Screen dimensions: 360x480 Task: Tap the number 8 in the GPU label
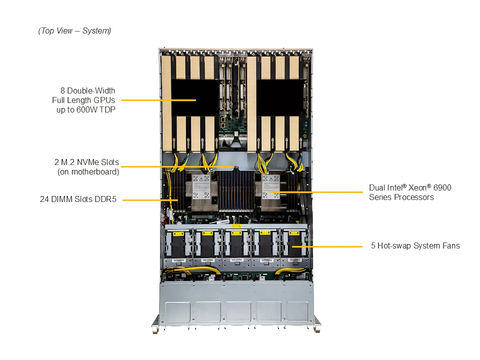tap(63, 90)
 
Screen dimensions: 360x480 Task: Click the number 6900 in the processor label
tap(441, 187)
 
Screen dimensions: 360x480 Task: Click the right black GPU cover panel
tap(280, 98)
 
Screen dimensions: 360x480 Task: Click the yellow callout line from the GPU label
tap(150, 100)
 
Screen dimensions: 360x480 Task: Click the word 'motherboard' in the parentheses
tap(90, 172)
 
